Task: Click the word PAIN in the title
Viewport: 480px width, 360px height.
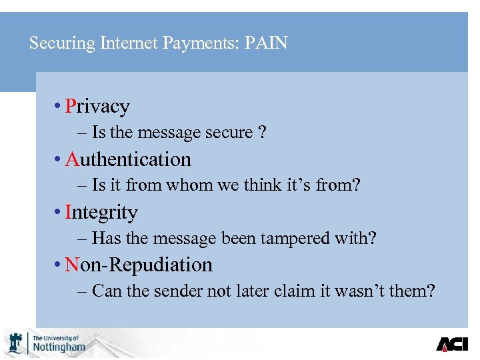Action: click(266, 43)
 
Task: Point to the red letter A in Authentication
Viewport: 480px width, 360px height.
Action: click(73, 159)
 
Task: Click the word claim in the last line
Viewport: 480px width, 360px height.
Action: click(313, 291)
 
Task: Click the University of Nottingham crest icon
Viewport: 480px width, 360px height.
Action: click(15, 343)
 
